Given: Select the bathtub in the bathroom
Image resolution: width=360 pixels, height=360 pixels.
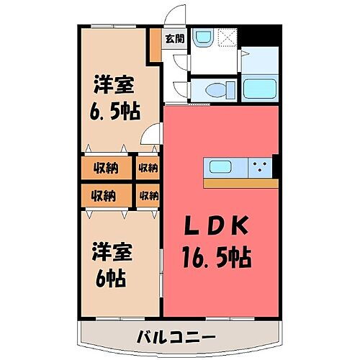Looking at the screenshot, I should pyautogui.click(x=261, y=89).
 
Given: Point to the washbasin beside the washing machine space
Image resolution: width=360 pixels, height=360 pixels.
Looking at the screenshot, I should pyautogui.click(x=204, y=36).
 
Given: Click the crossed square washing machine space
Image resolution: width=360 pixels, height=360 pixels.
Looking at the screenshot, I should pyautogui.click(x=228, y=37).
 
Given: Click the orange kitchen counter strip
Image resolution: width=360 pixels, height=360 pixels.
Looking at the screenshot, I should pyautogui.click(x=240, y=183).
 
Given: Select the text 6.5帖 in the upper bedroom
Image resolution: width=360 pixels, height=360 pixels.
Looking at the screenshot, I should pyautogui.click(x=115, y=112).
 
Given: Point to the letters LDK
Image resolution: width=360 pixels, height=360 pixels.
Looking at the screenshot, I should pyautogui.click(x=218, y=228).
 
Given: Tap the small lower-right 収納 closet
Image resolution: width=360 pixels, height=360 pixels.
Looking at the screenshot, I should pyautogui.click(x=148, y=194).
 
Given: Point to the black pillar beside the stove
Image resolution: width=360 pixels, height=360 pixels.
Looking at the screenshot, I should pyautogui.click(x=274, y=166).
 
